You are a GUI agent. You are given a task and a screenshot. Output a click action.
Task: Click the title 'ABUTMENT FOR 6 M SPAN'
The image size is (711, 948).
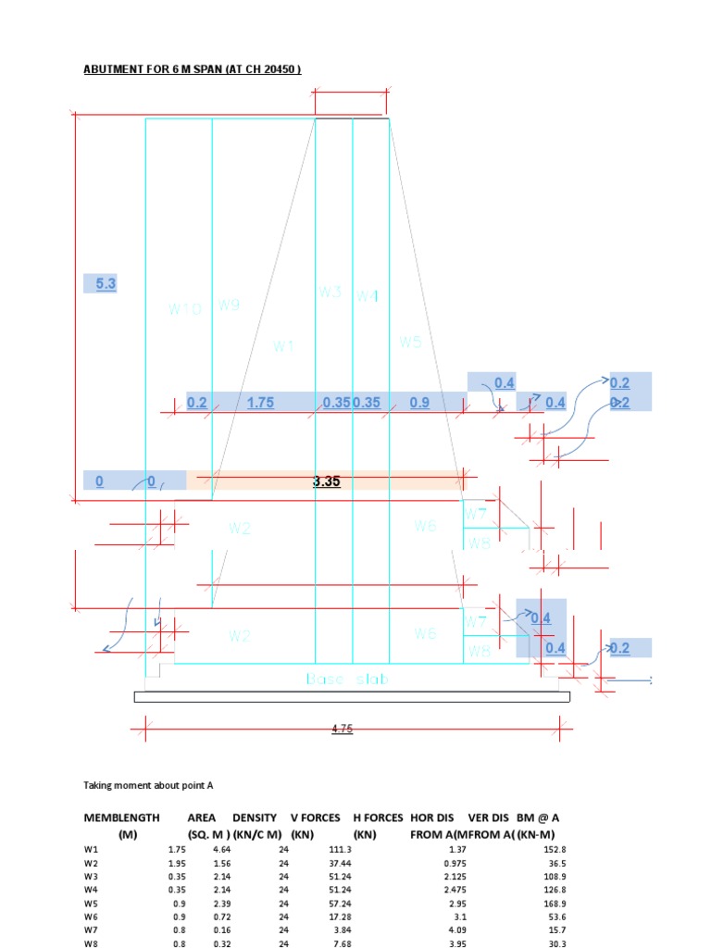pos(193,69)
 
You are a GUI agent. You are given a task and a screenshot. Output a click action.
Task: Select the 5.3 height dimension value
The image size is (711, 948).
pos(106,284)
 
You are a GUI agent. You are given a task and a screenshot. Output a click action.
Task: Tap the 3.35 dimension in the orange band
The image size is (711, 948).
pos(327,480)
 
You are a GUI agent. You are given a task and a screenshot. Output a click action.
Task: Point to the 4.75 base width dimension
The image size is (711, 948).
pos(343,730)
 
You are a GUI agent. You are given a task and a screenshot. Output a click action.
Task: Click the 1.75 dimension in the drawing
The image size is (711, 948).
pos(260,403)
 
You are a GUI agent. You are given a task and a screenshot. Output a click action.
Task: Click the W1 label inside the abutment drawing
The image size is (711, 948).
pos(282,346)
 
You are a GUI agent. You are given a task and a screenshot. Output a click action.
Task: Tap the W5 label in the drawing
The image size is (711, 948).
pos(410,342)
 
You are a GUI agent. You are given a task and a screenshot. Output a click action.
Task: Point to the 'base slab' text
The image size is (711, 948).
pos(347,680)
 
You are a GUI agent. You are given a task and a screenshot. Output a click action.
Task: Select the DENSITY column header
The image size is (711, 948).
pos(255,817)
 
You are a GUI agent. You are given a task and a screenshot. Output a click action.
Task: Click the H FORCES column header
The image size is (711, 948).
pos(378,817)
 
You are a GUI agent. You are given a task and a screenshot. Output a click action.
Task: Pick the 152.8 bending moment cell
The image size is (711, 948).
pos(555,849)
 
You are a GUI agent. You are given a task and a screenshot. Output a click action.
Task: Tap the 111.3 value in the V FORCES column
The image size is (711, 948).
pos(340,849)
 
